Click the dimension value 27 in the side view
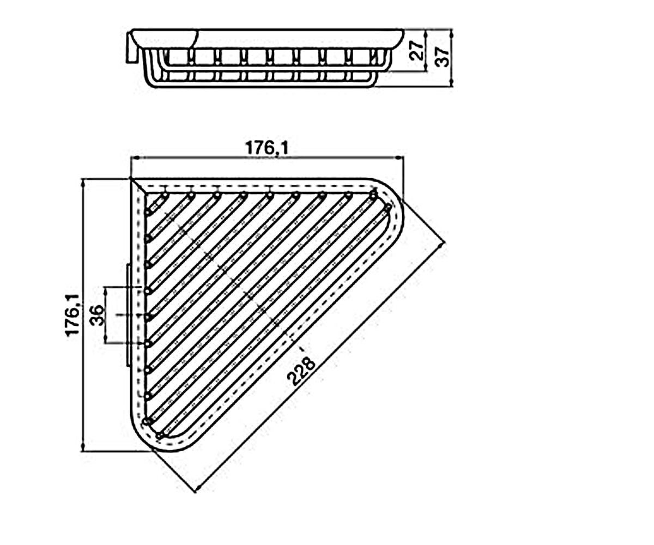tap(417, 51)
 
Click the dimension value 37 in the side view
tap(443, 57)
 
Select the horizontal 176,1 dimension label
tap(267, 148)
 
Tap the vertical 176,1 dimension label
tap(72, 315)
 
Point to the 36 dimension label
tap(98, 315)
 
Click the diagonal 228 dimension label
tap(301, 372)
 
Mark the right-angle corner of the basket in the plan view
tap(131, 179)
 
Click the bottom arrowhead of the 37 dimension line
tap(451, 82)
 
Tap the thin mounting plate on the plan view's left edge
tap(128, 315)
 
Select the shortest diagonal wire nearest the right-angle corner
tap(157, 204)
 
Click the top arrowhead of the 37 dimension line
tap(451, 33)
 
